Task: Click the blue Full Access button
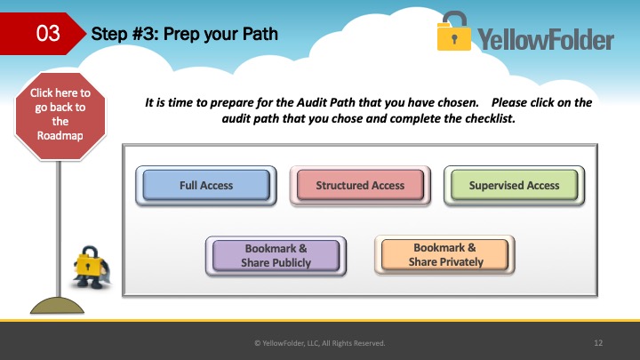[206, 185]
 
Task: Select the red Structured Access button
[360, 185]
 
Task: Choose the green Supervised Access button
[514, 185]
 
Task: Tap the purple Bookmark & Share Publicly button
[276, 255]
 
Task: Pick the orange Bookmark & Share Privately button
[444, 255]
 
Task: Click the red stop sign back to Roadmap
[60, 116]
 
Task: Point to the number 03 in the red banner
[48, 33]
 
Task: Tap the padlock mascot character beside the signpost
[91, 268]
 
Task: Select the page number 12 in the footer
[598, 343]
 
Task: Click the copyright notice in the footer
[320, 343]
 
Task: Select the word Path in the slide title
[260, 34]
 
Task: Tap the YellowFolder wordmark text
[546, 40]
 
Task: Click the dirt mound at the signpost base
[57, 305]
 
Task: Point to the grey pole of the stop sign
[59, 228]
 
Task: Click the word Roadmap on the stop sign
[60, 135]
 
